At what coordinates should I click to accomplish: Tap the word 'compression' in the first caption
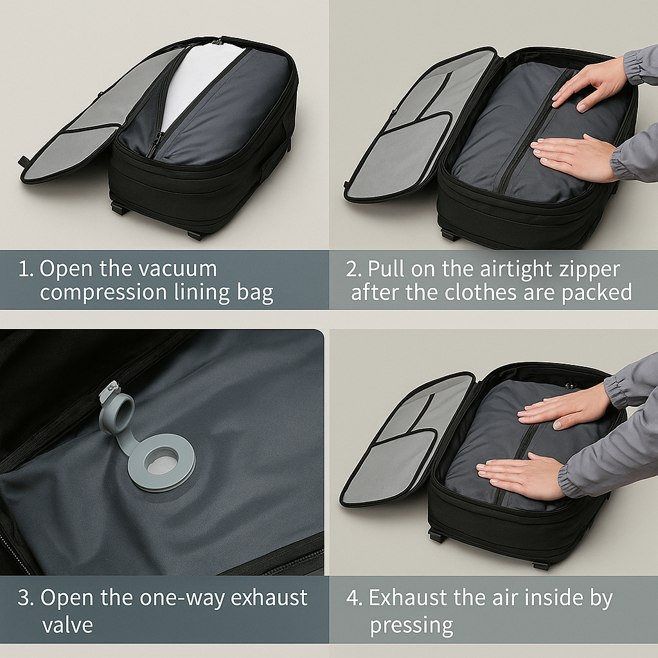click(x=103, y=293)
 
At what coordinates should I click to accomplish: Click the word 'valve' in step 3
click(x=67, y=625)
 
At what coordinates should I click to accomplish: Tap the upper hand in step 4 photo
click(x=562, y=409)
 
